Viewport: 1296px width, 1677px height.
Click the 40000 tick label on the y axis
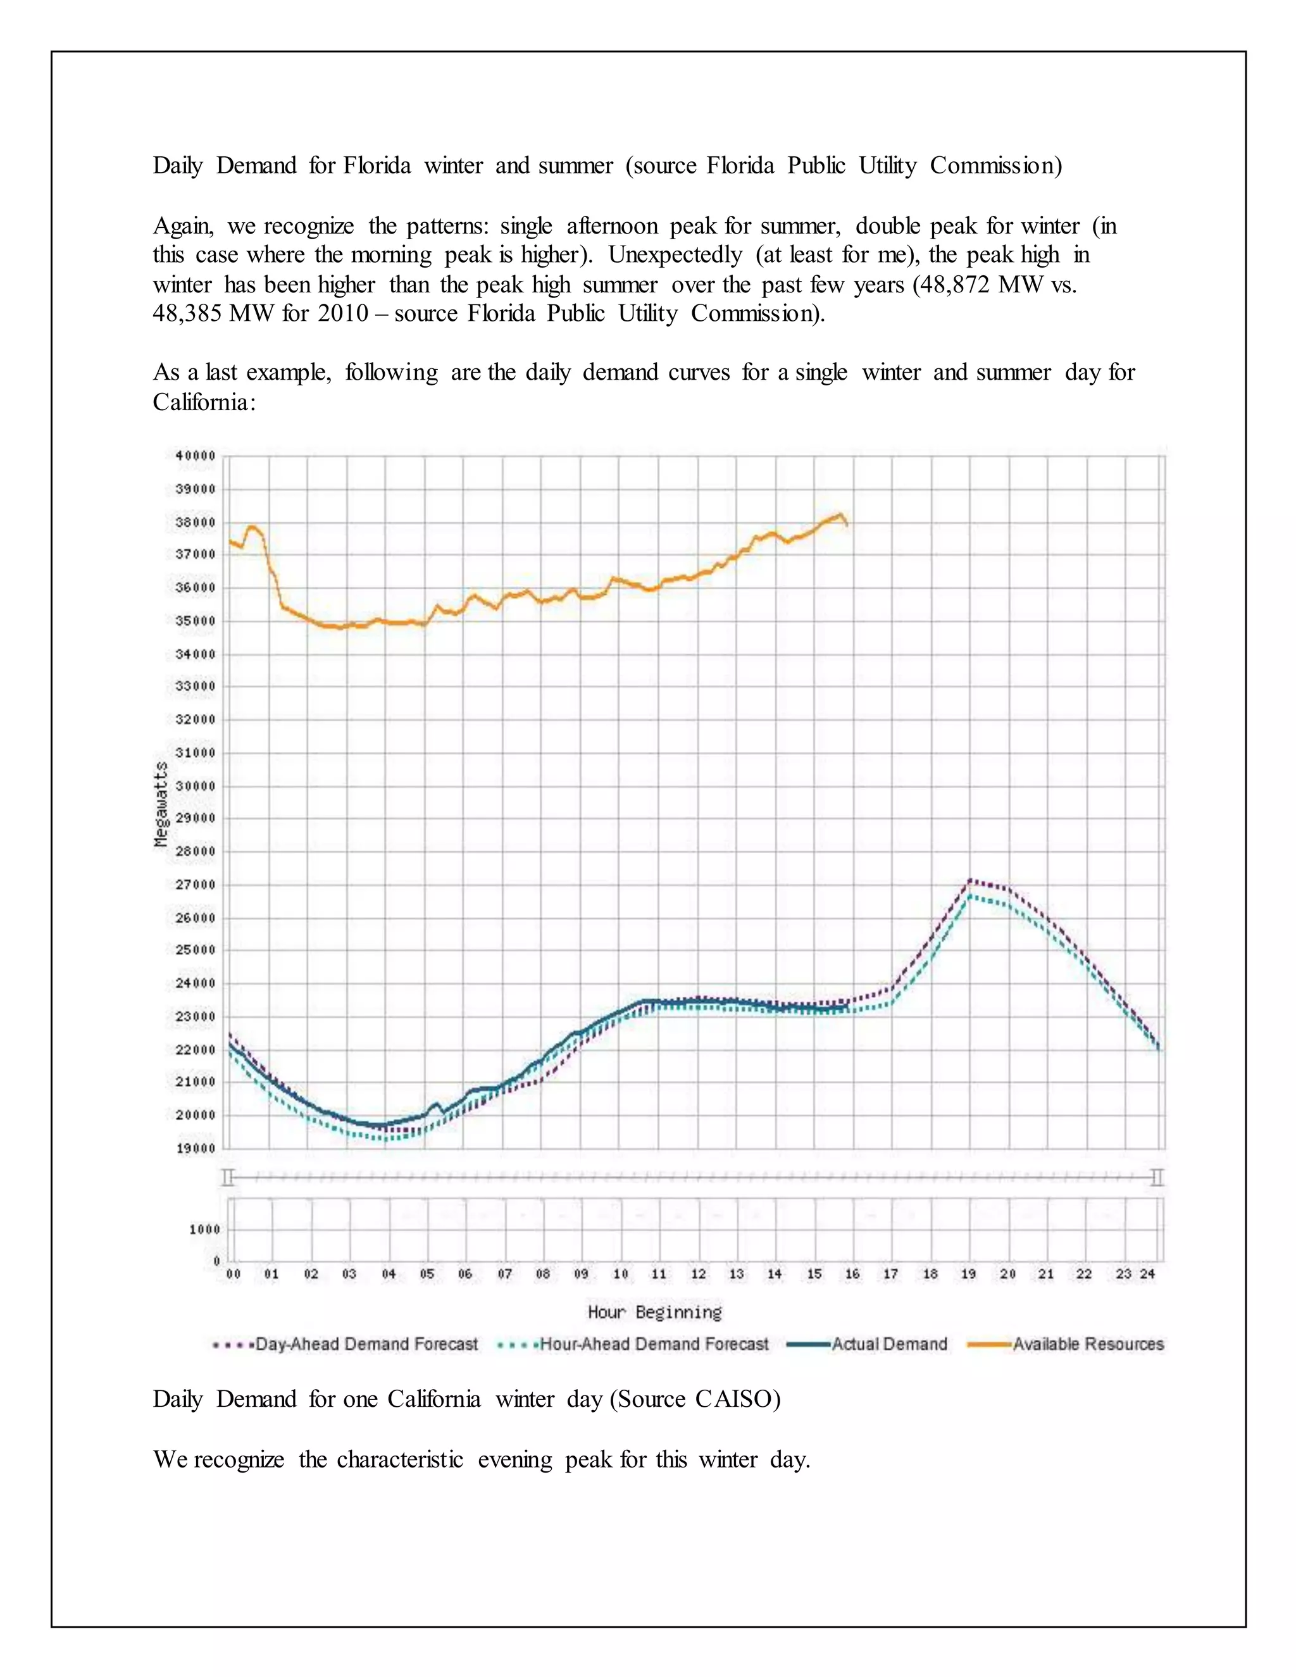click(196, 456)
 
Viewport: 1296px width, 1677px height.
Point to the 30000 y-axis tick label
click(196, 786)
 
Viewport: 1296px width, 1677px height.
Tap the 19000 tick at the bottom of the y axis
click(196, 1148)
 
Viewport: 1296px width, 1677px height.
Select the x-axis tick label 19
click(969, 1274)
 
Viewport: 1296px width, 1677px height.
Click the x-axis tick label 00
click(234, 1274)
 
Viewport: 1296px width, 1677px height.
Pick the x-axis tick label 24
click(1148, 1274)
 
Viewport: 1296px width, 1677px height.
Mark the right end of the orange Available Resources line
click(847, 526)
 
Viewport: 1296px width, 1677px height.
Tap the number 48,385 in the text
click(187, 313)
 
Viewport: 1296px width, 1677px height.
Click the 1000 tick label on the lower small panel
click(205, 1230)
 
